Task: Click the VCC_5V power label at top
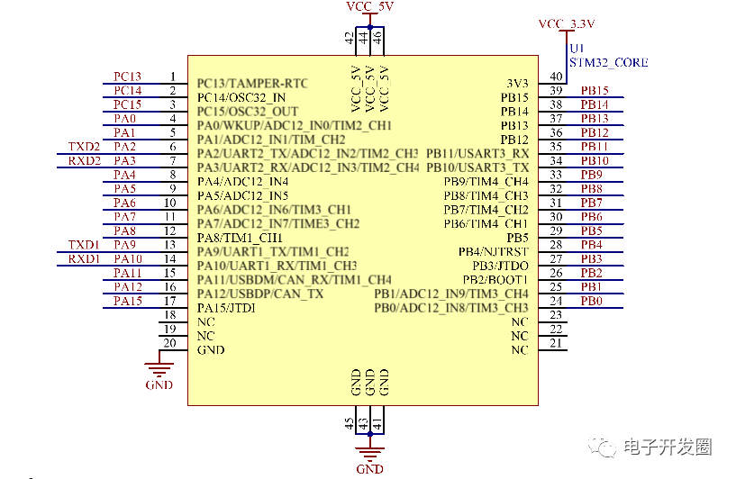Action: click(369, 6)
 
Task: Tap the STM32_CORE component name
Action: click(608, 63)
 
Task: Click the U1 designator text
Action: click(577, 47)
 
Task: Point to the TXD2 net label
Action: click(84, 147)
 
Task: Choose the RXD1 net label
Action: click(84, 259)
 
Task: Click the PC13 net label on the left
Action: click(127, 77)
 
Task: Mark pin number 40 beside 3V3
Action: click(557, 77)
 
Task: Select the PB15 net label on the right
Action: click(595, 91)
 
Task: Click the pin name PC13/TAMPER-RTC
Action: click(252, 84)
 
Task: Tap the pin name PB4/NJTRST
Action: click(493, 252)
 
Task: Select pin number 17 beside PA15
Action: click(169, 301)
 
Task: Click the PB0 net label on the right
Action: click(591, 302)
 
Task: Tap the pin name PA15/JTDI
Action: click(226, 308)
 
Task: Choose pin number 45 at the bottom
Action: click(350, 422)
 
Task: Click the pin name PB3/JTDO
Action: click(500, 266)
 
